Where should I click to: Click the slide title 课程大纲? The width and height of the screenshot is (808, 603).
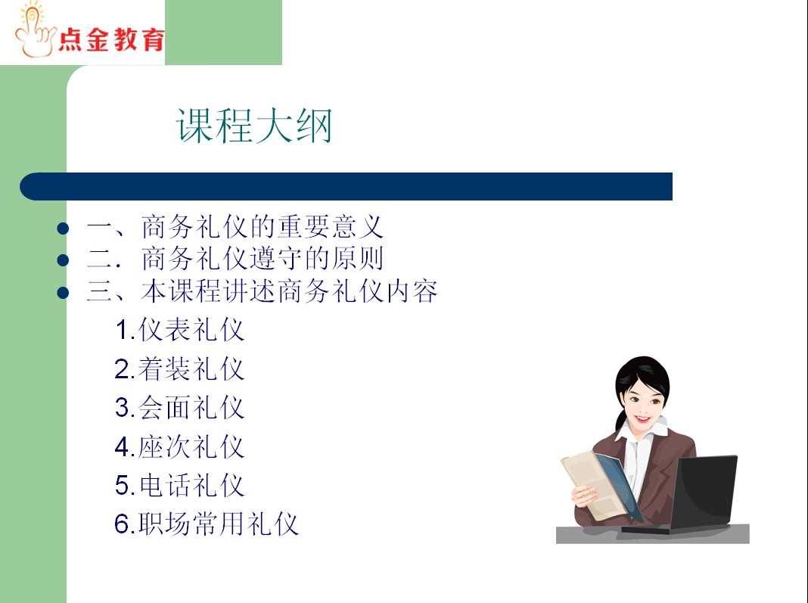pos(253,126)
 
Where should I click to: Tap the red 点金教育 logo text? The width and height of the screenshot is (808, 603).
pos(111,39)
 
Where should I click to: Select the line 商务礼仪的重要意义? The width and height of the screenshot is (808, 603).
pos(263,227)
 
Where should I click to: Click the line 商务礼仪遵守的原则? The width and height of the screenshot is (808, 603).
pos(263,258)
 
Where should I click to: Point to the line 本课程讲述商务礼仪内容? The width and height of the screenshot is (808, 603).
pos(289,291)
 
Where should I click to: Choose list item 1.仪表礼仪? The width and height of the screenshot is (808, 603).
pos(179,330)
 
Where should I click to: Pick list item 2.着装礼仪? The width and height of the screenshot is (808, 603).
pos(179,369)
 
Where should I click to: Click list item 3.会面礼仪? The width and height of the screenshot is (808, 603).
pos(179,408)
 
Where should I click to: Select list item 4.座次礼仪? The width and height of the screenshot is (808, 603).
pos(179,446)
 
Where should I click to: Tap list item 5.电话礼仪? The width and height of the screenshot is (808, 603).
pos(179,486)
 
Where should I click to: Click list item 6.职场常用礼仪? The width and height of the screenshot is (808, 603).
pos(206,524)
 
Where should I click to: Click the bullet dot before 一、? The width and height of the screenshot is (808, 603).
pos(63,228)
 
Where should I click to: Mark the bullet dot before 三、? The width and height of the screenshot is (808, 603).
pos(63,293)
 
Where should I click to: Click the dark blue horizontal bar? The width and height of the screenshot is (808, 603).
pos(346,187)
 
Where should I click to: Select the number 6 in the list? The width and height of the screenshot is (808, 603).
pos(121,524)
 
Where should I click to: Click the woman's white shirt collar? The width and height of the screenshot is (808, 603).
pos(641,430)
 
